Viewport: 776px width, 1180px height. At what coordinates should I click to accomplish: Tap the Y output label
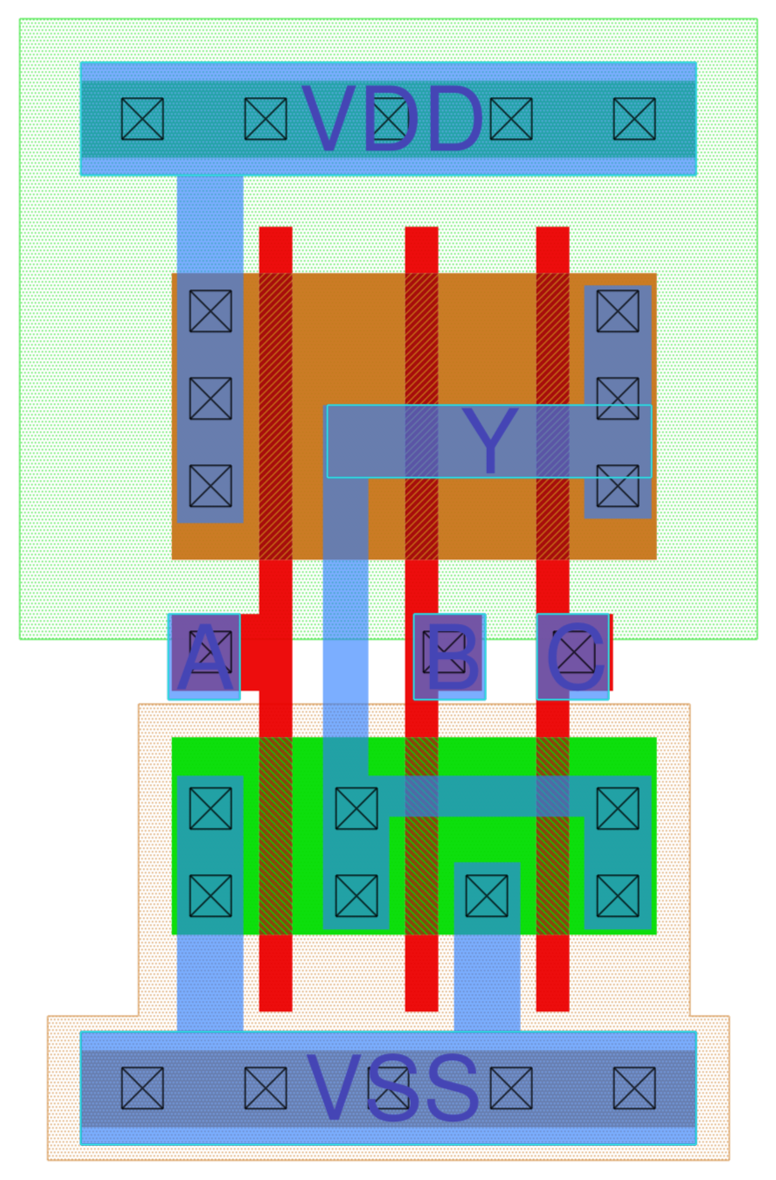click(x=489, y=441)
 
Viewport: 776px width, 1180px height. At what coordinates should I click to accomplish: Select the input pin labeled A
click(x=204, y=657)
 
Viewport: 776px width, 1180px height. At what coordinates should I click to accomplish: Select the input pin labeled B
click(x=449, y=657)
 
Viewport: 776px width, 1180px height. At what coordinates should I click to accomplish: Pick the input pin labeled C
click(x=573, y=657)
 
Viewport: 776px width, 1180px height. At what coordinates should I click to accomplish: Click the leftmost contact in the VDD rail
click(x=142, y=119)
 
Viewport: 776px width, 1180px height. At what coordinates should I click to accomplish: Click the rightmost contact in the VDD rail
click(x=634, y=119)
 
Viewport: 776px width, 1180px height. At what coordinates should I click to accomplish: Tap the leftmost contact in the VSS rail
click(x=142, y=1088)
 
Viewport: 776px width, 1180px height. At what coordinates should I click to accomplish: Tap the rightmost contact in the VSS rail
click(x=634, y=1088)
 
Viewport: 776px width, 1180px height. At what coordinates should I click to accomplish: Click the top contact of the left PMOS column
click(x=211, y=311)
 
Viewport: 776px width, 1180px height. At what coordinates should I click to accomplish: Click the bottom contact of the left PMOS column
click(x=211, y=486)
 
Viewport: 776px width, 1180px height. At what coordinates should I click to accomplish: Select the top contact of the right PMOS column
click(x=618, y=311)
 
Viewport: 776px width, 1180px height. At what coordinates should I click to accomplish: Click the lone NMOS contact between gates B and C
click(x=487, y=896)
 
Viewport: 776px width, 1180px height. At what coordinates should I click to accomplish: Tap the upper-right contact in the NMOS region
click(x=618, y=809)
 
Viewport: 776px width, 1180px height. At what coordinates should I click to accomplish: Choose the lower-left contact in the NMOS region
click(x=211, y=896)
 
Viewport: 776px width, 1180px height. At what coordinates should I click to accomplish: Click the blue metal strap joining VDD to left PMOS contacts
click(x=211, y=223)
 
